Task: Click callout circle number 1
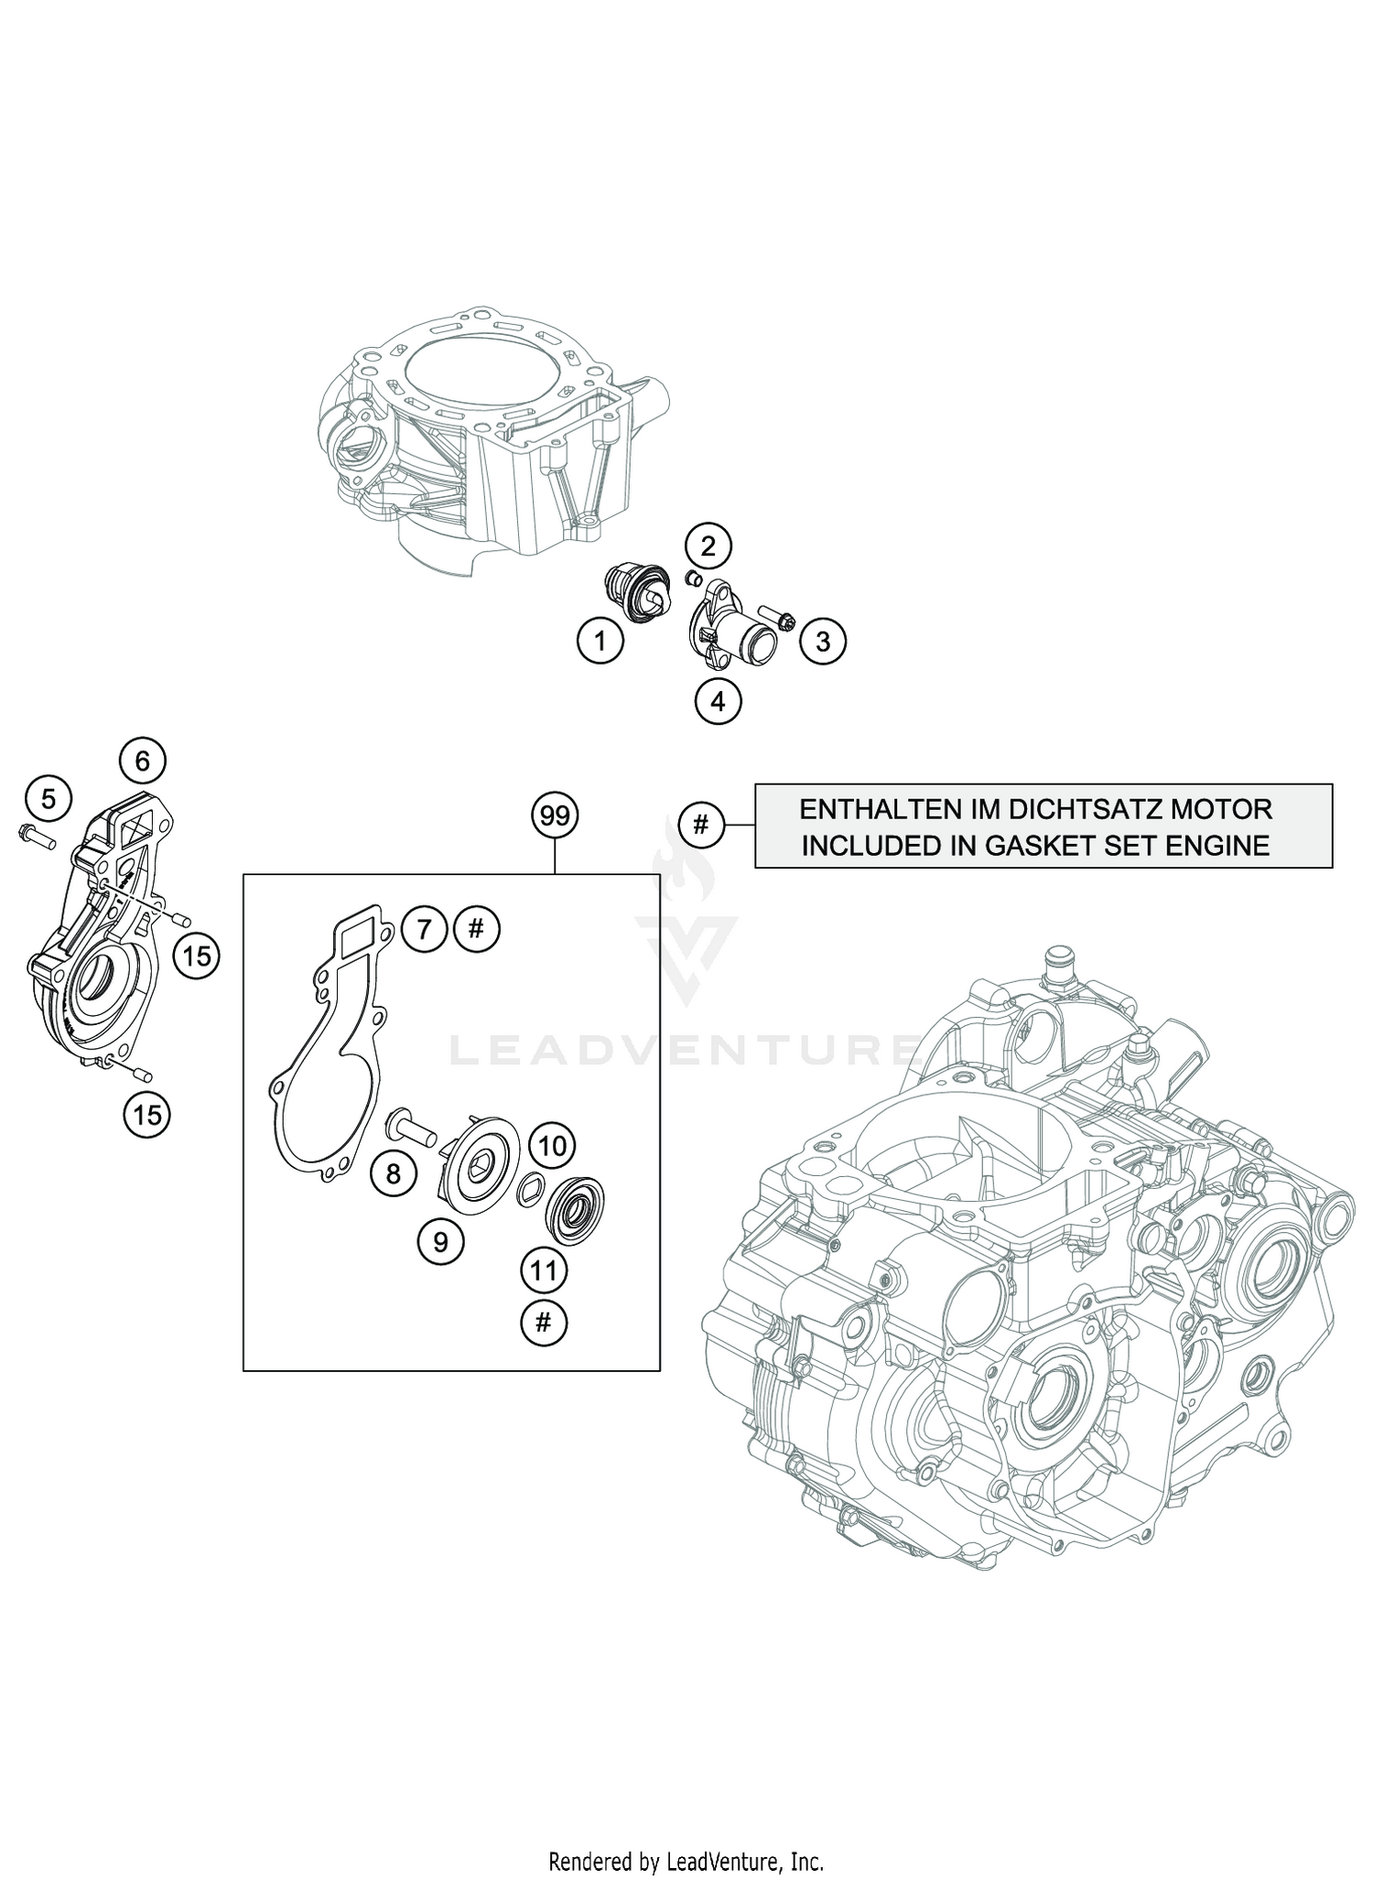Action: (600, 642)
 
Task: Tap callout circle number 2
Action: (708, 546)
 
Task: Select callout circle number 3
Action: (822, 642)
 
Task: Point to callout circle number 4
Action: (717, 701)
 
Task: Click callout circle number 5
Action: (48, 799)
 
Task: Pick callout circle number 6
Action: (142, 761)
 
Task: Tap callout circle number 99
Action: (555, 816)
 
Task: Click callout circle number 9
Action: (440, 1242)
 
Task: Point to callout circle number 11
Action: (544, 1270)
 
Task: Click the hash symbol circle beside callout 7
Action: (476, 930)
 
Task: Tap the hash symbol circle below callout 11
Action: (544, 1322)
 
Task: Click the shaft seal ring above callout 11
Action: (573, 1210)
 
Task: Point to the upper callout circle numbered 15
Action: (196, 956)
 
